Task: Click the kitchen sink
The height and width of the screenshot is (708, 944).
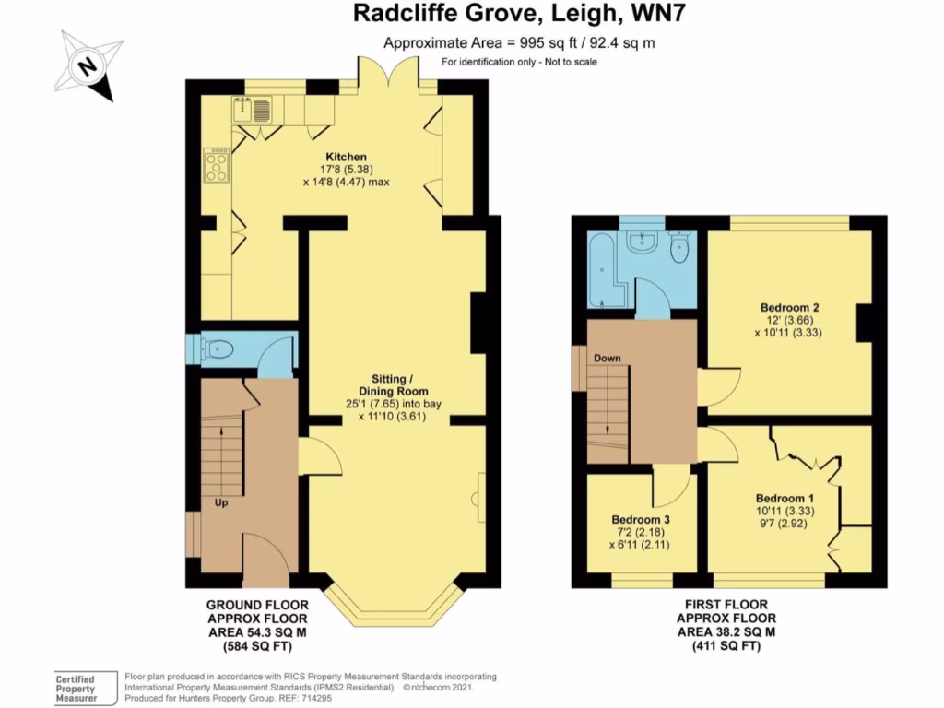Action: point(253,112)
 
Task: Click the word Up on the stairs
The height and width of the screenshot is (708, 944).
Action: point(221,504)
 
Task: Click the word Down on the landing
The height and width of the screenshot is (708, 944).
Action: point(608,358)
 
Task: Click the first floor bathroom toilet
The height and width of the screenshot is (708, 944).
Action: point(681,247)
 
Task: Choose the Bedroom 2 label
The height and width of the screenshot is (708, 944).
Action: point(790,307)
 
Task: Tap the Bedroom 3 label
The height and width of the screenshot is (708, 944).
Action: point(640,520)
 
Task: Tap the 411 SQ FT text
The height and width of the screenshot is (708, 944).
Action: point(726,647)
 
